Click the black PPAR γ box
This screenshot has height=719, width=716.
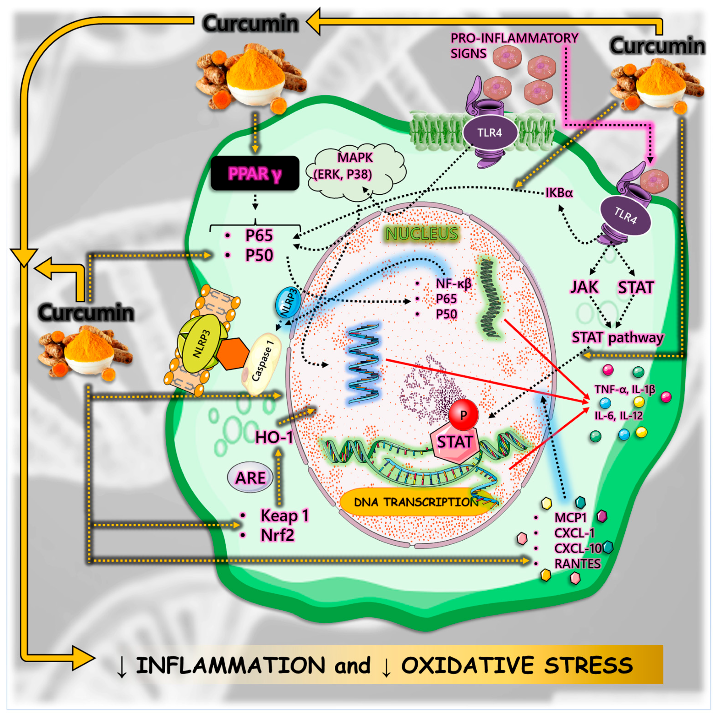point(255,173)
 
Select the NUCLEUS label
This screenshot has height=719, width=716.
point(422,234)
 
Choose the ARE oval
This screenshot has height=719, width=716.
point(250,478)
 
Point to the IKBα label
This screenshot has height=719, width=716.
point(559,193)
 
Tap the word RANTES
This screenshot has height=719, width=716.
point(577,564)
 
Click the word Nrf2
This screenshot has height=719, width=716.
point(277,535)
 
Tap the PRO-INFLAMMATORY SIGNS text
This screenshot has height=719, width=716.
point(514,45)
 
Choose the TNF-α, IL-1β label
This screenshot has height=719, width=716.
point(625,389)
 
